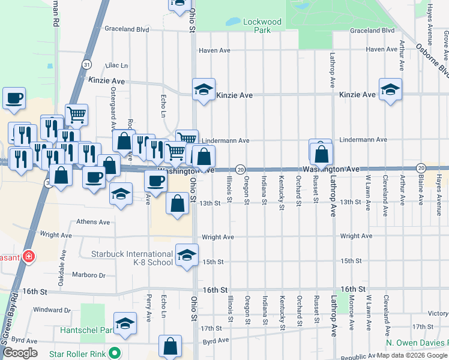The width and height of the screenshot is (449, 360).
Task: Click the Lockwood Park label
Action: tap(262, 25)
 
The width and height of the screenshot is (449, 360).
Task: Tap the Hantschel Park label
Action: tap(86, 330)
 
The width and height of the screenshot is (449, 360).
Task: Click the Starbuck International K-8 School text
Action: tap(131, 258)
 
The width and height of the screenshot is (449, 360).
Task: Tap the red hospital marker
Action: tap(29, 256)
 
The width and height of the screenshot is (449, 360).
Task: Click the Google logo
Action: tap(20, 352)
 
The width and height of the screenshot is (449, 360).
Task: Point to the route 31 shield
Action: tap(88, 64)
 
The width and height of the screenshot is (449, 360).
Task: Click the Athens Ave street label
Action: tap(93, 222)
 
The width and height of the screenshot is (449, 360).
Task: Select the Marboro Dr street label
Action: tap(89, 276)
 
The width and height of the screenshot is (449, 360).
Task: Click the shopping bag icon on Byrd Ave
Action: tap(170, 346)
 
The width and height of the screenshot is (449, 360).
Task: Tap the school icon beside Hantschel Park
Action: tap(125, 323)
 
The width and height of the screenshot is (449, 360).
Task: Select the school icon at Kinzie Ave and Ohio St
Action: tap(203, 90)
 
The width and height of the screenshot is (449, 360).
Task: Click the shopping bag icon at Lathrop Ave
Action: tap(322, 154)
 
